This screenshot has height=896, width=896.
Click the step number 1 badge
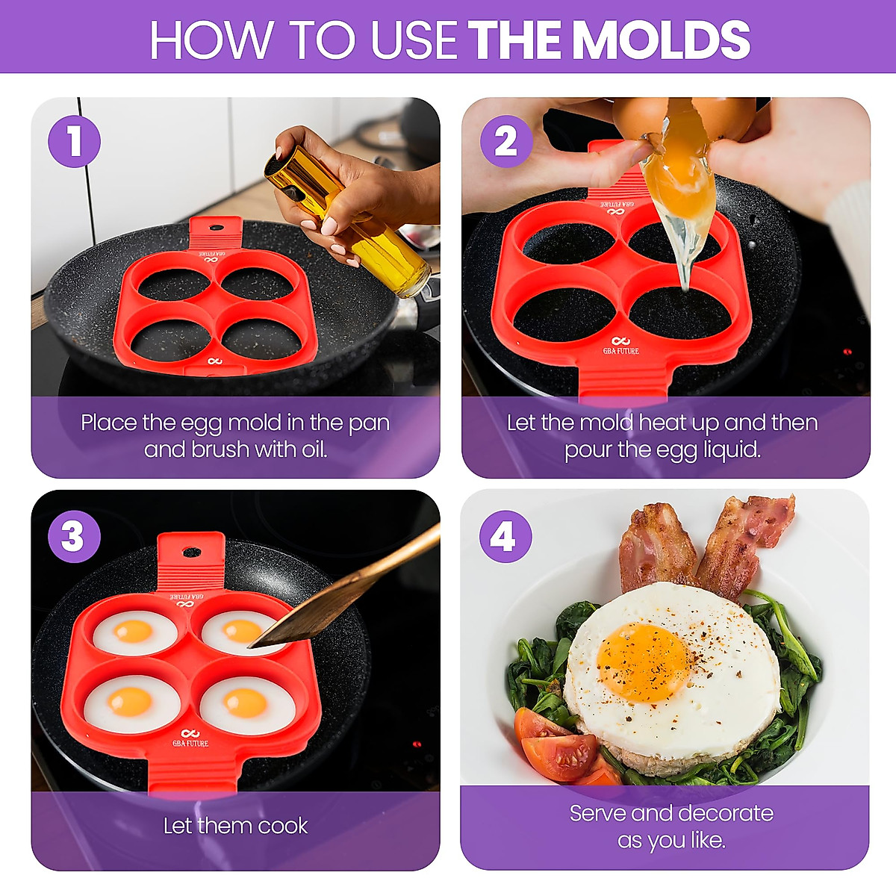74,141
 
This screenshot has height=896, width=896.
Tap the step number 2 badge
505,141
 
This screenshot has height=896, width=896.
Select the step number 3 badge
73,536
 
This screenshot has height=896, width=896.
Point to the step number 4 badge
504,536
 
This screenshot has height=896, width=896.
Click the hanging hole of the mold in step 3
191,553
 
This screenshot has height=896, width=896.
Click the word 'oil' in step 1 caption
312,449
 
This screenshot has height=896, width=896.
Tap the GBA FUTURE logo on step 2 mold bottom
620,346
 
